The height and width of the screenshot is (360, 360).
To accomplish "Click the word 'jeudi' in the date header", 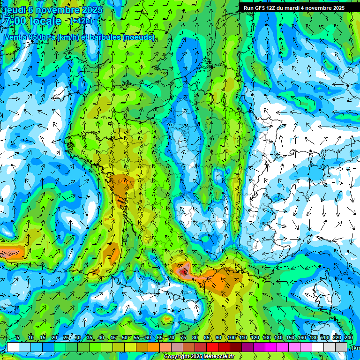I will coord(14,10).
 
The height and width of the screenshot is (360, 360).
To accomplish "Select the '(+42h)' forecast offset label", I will coord(81,21).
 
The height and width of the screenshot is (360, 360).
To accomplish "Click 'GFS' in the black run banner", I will coord(261,8).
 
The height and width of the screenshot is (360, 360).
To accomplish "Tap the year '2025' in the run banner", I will coord(336,8).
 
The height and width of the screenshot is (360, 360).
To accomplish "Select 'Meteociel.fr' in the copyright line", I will coord(218,357).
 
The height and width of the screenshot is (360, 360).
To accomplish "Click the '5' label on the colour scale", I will coord(18,338).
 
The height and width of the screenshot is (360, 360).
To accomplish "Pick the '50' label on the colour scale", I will coord(124,338).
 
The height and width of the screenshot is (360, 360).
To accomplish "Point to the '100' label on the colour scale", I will coord(231,338).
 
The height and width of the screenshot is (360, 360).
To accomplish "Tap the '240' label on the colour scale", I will coord(349,338).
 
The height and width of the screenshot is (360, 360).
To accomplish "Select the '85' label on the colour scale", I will coord(207,338).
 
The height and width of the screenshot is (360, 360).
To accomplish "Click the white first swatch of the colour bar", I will coord(13,347).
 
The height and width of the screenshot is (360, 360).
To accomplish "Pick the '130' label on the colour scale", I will coord(267,338).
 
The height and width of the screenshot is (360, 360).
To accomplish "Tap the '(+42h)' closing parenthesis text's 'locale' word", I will coord(45,21).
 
